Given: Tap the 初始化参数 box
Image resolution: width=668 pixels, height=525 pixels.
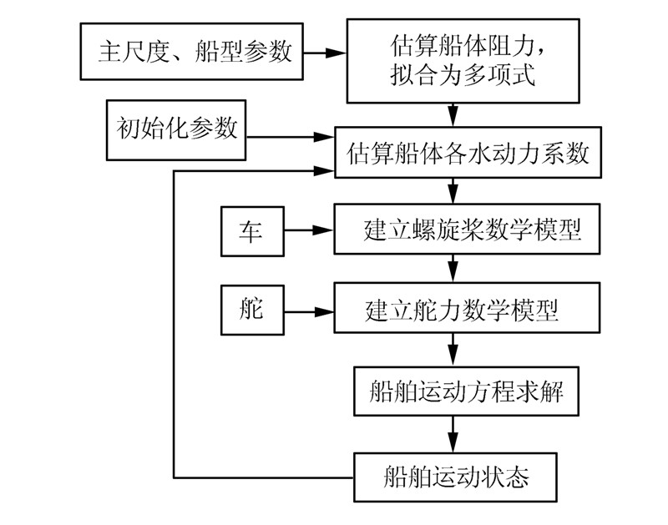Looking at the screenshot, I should click(175, 129).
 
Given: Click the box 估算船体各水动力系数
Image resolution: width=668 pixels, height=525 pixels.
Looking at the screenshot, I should click(468, 154).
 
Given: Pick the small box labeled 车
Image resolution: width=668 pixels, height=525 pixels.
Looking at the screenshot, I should click(251, 230).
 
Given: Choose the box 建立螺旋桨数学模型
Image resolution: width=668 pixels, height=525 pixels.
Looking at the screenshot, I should click(468, 229).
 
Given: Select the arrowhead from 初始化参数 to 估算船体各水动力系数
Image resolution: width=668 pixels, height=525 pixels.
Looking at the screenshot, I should click(325, 136).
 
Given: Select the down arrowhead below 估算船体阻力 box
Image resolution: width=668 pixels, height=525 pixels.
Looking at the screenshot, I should click(453, 116).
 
